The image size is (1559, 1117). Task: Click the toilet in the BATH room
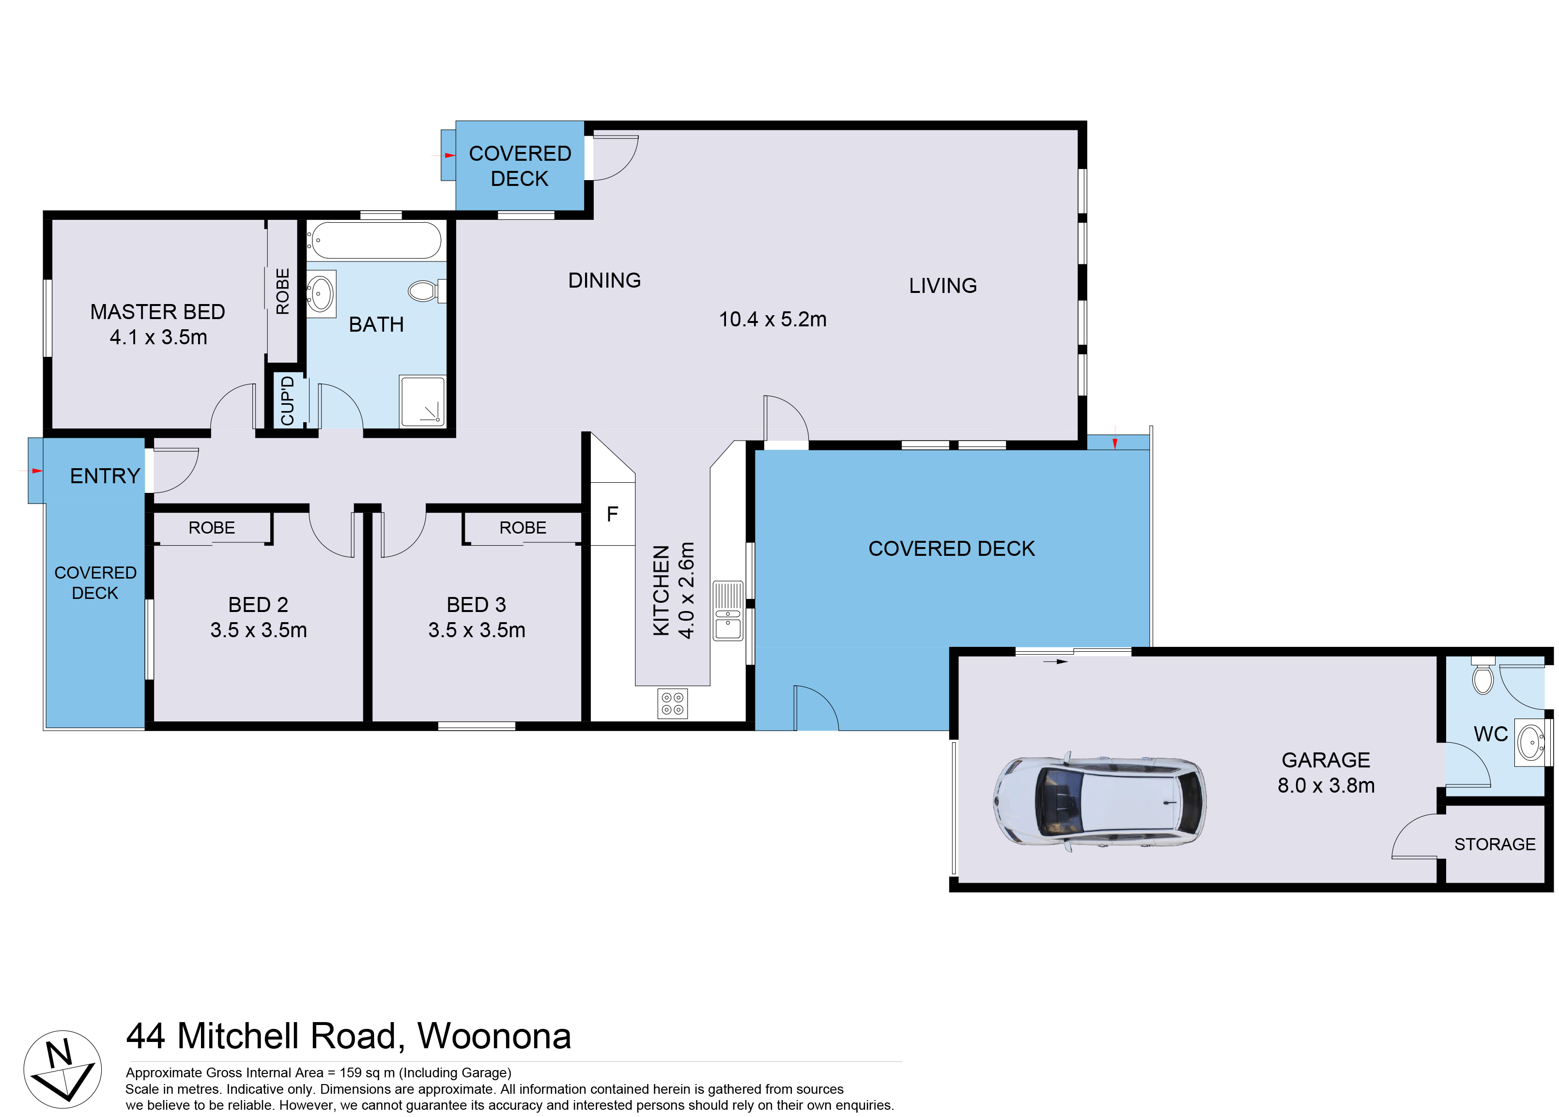423,291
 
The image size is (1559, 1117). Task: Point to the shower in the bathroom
422,401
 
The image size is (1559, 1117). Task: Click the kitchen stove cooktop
672,703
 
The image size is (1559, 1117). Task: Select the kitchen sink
728,611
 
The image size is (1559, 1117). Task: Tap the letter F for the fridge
612,514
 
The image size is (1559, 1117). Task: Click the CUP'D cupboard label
287,401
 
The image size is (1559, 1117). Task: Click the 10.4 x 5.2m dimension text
772,320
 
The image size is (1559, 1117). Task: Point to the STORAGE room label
1495,844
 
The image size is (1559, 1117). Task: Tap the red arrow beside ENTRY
36,471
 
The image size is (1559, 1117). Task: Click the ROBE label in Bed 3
523,528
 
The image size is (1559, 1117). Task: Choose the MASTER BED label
157,312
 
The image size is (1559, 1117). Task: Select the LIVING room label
942,286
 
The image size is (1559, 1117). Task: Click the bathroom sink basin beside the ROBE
320,293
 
